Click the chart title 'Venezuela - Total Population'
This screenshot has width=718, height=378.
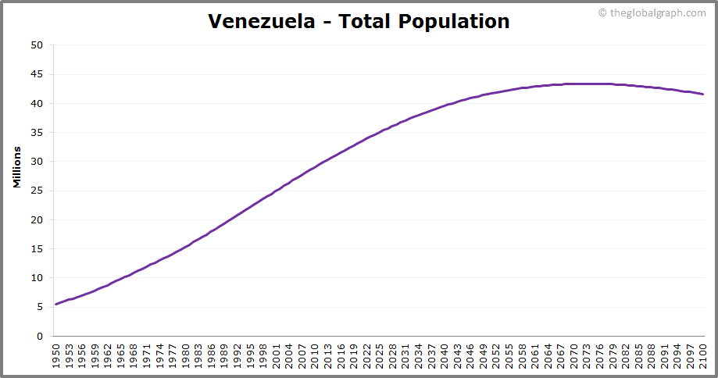[x=359, y=21]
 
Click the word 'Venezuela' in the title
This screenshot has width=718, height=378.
[x=258, y=21]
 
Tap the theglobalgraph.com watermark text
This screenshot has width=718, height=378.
[x=652, y=12]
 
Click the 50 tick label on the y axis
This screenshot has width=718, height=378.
[x=37, y=45]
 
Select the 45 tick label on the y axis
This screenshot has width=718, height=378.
[x=37, y=74]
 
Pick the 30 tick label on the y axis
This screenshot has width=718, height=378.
[x=37, y=162]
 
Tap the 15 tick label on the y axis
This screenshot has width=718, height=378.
[x=37, y=249]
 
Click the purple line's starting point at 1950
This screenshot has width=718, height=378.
[x=56, y=304]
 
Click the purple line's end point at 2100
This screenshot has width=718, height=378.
[x=703, y=94]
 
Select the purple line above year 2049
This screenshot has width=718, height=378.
[x=484, y=94]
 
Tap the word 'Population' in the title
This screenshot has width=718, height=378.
[x=454, y=21]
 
